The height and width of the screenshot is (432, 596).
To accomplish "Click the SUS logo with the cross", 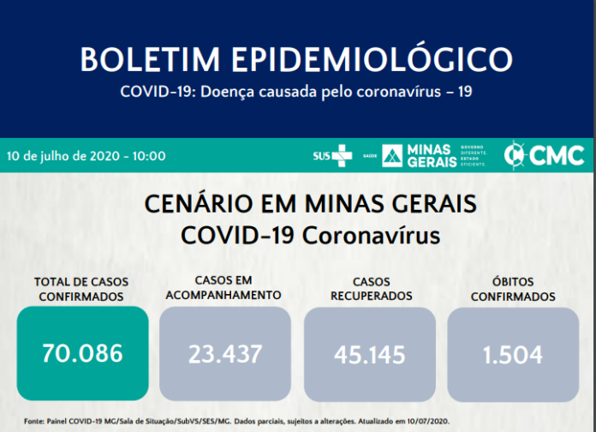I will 332,156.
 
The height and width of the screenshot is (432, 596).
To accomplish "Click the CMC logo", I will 545,155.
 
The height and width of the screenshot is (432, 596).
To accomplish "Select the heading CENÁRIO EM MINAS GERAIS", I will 298,205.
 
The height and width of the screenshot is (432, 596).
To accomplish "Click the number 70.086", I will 82,352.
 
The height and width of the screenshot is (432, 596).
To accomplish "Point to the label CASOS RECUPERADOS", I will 370,289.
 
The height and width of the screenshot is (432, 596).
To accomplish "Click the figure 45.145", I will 370,353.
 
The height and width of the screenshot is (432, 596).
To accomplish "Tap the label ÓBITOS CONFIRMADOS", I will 513,290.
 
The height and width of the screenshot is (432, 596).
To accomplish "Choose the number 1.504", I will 513,353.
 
